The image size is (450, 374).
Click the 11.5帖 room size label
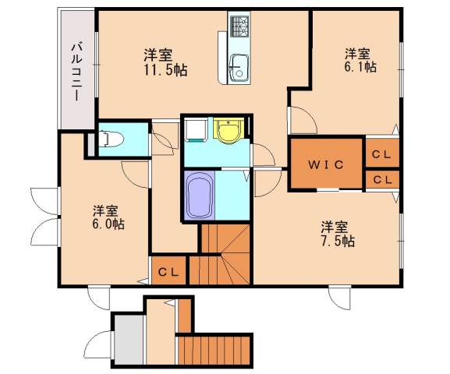[165, 70]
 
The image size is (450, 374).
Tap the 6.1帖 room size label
[360, 66]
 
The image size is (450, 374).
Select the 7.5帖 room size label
[338, 242]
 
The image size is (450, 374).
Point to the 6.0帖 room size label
[108, 224]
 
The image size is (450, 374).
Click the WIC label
[326, 164]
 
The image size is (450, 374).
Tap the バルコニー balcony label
[76, 72]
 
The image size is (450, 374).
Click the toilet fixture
[111, 139]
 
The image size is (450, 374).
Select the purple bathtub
[200, 196]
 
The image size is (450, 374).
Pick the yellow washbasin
[229, 131]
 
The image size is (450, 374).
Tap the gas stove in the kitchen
[239, 26]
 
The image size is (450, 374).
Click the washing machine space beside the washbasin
[197, 130]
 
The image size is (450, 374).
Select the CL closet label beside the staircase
[168, 272]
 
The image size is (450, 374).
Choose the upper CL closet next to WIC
[381, 154]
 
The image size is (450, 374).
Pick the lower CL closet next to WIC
[383, 180]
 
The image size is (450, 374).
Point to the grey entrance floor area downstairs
[129, 340]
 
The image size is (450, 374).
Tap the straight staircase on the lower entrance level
[214, 350]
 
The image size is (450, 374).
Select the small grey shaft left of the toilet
[91, 145]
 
